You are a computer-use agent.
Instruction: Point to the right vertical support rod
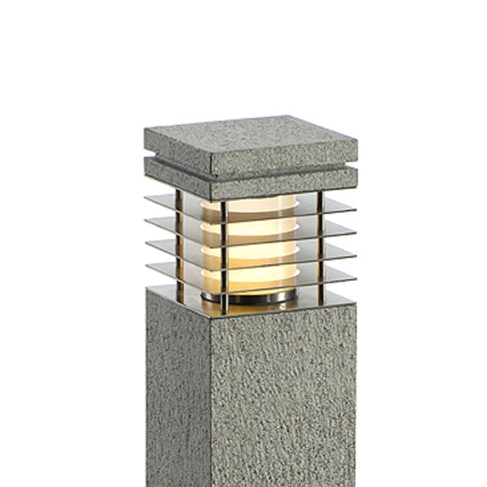click(320, 243)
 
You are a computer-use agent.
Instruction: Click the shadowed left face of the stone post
click(178, 390)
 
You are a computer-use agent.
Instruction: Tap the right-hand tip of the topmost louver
click(355, 208)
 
